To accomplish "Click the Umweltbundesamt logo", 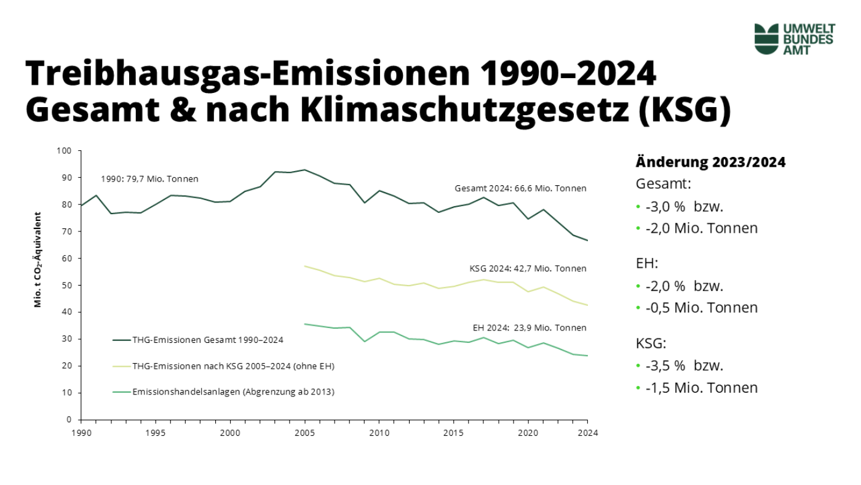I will (x=794, y=39).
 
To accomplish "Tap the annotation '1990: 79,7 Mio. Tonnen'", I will (x=149, y=179).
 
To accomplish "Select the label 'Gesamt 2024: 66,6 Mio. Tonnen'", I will (x=520, y=188).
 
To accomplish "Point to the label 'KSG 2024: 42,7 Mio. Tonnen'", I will (x=527, y=268).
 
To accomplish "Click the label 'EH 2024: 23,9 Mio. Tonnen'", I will (x=529, y=327).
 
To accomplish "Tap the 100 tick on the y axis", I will (x=65, y=151).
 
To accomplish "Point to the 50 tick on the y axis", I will (x=67, y=286).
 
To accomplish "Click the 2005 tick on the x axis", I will (x=304, y=433).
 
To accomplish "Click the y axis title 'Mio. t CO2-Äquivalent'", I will (x=38, y=260).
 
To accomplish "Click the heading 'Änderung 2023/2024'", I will (x=710, y=162).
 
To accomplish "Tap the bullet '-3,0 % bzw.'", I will (x=680, y=206).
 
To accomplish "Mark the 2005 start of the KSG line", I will (x=304, y=266).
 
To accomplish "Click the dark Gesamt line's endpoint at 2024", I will (x=587, y=241).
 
